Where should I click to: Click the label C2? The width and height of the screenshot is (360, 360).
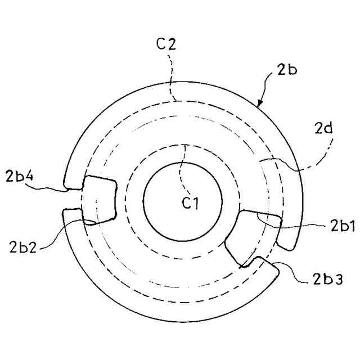point(165,44)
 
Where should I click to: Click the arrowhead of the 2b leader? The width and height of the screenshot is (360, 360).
point(259,103)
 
